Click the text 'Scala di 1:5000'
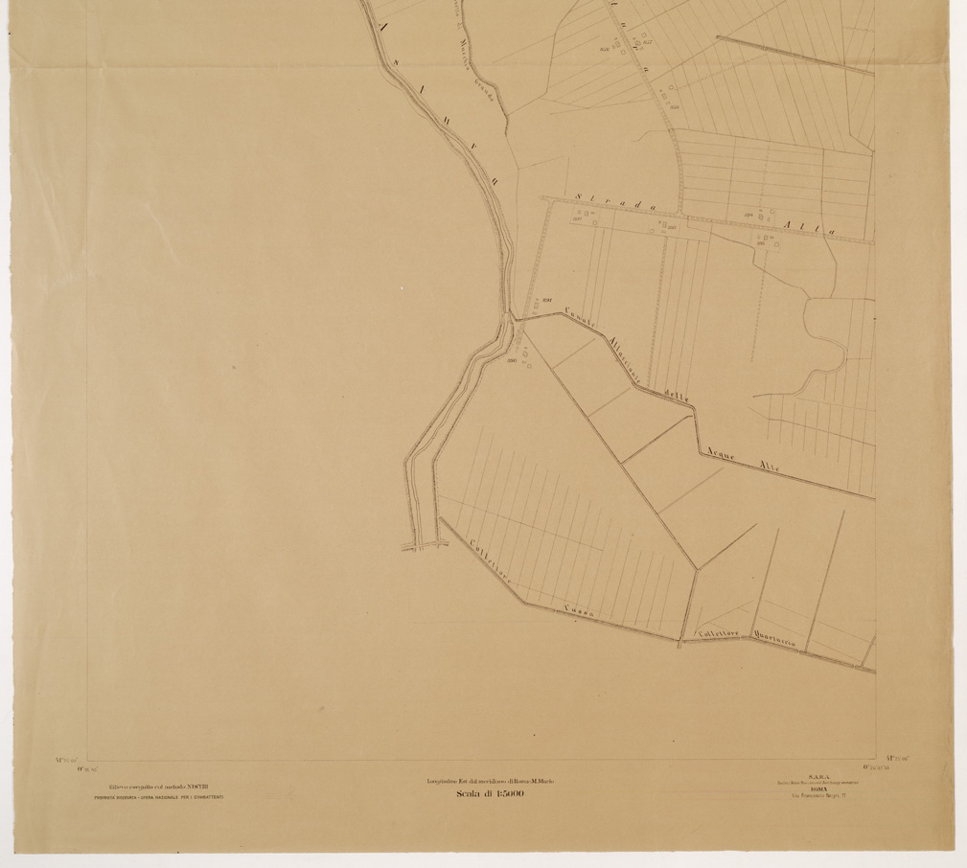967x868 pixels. pyautogui.click(x=490, y=793)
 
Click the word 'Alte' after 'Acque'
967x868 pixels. pyautogui.click(x=769, y=469)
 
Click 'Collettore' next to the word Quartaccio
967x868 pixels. pyautogui.click(x=718, y=632)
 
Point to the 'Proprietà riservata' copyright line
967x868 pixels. pyautogui.click(x=159, y=797)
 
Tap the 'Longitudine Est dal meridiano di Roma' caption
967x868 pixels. pyautogui.click(x=490, y=782)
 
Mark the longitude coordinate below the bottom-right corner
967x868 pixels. pyautogui.click(x=877, y=767)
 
